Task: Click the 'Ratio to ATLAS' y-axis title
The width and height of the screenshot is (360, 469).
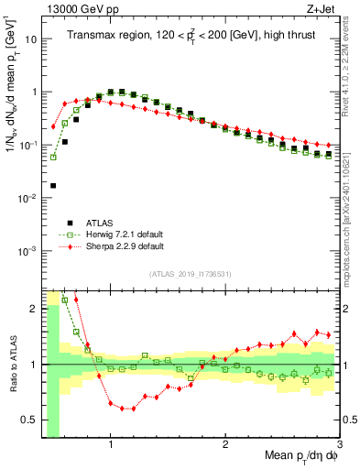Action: (x=12, y=364)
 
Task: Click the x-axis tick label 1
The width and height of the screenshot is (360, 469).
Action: (x=111, y=445)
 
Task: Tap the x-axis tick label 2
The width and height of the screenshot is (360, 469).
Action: (x=225, y=445)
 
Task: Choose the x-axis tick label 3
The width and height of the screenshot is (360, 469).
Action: (x=338, y=445)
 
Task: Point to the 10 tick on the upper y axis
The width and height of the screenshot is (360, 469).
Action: (x=30, y=39)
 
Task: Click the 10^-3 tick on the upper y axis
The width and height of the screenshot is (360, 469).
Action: (x=27, y=251)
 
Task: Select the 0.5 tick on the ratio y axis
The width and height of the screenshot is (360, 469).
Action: (x=27, y=420)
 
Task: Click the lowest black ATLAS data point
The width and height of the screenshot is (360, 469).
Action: (x=54, y=185)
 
